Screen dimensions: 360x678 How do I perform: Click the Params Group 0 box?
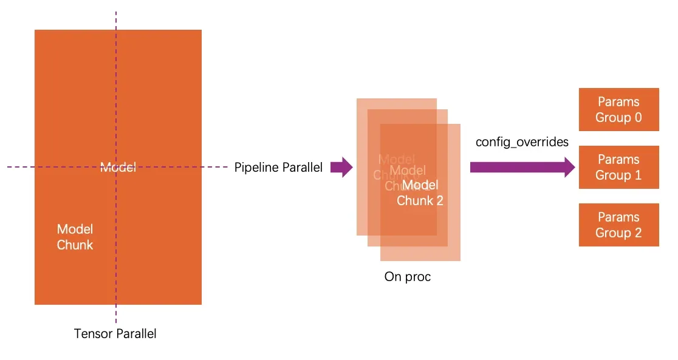point(618,109)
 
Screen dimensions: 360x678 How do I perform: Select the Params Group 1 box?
point(618,167)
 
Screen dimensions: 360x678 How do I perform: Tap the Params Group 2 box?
point(618,225)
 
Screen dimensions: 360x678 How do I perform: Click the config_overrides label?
point(522,142)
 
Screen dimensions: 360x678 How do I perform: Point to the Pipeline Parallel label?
point(278,168)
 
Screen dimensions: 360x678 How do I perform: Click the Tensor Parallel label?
point(115,333)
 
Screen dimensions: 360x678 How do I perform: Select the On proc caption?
point(407,277)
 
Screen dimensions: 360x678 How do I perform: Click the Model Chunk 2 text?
point(420,192)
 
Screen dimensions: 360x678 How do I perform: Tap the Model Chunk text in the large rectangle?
point(75,237)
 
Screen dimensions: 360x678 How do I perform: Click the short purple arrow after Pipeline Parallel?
point(341,167)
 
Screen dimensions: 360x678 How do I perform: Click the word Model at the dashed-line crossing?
point(118,168)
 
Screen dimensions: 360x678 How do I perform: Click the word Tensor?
point(92,333)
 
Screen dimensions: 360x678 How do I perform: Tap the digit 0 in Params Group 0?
point(638,117)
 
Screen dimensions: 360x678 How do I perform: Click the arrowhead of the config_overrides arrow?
point(570,167)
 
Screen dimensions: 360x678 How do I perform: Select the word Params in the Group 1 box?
point(618,160)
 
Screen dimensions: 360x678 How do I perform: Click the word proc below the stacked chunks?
point(417,277)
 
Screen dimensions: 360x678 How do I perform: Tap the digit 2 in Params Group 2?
point(638,233)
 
